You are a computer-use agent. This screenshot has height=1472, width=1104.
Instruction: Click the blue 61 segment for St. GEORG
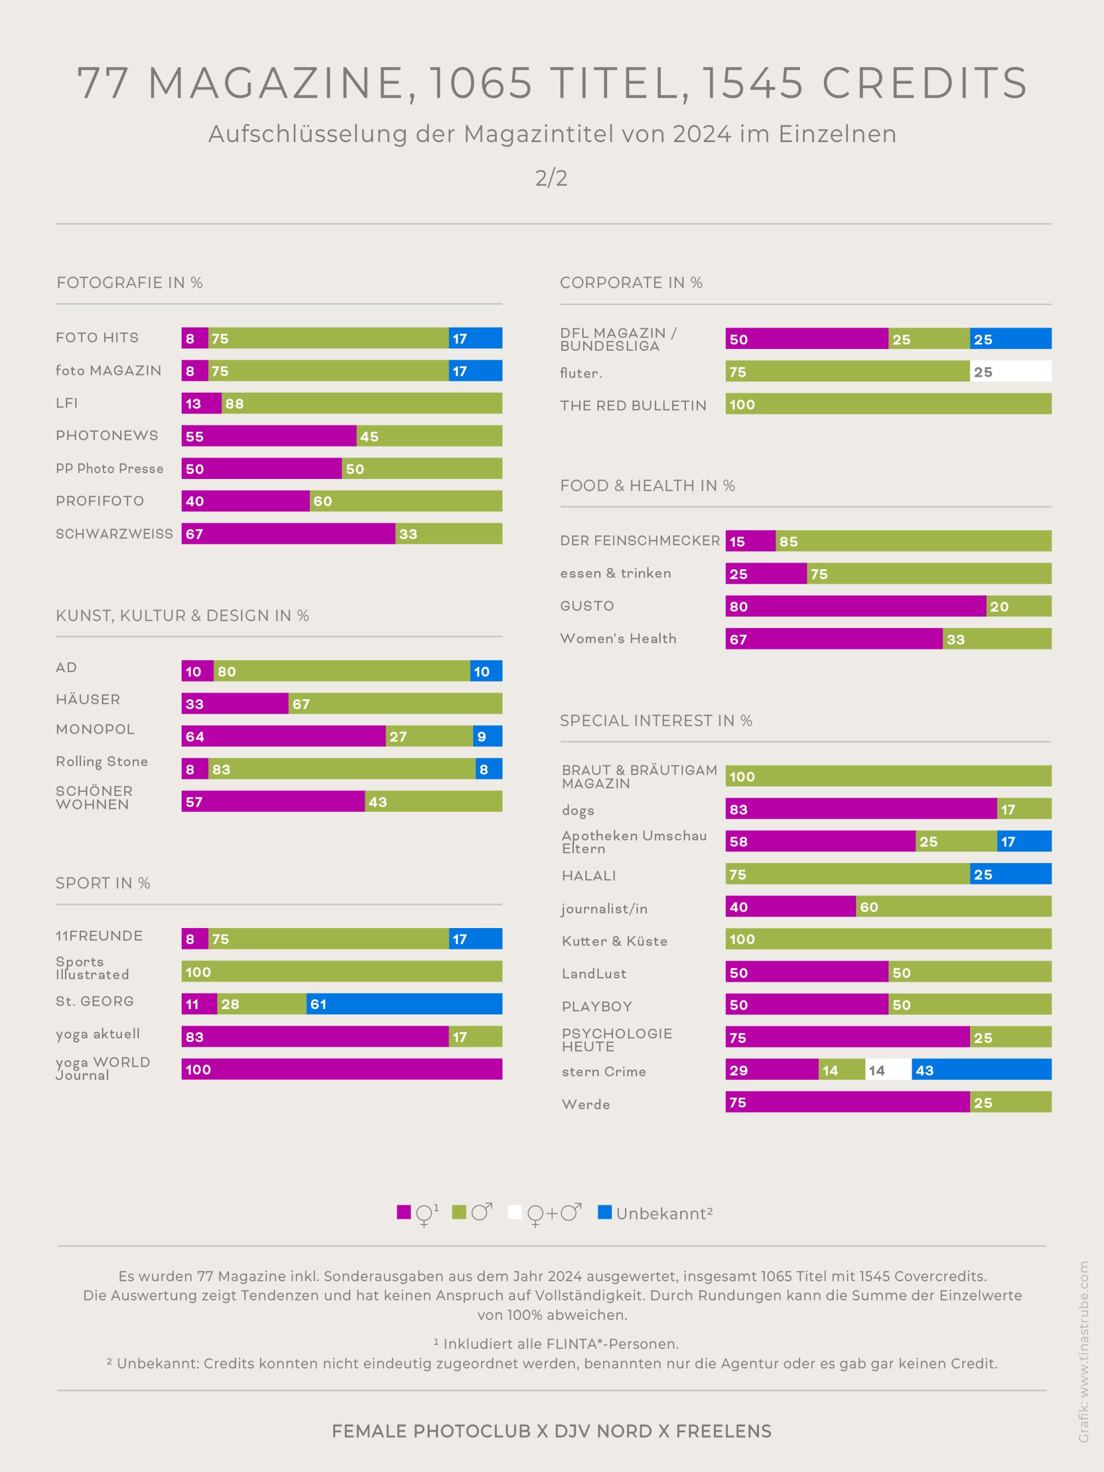point(404,1003)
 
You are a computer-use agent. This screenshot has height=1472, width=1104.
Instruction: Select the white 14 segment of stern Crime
point(888,1069)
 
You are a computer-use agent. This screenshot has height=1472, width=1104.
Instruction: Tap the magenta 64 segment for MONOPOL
point(283,736)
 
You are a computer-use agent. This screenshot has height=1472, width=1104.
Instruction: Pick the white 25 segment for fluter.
point(1010,371)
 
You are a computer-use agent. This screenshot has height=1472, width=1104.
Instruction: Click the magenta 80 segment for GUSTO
point(856,606)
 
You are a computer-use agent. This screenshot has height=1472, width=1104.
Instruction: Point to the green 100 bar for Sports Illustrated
point(342,972)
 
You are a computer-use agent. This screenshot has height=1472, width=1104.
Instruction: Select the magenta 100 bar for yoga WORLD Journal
point(342,1069)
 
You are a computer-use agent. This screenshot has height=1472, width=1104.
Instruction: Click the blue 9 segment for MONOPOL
point(488,736)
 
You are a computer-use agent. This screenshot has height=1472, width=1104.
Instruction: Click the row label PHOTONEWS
point(107,435)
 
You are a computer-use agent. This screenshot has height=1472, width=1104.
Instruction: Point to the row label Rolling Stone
point(102,761)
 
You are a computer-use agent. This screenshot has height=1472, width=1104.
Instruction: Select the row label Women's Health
point(618,639)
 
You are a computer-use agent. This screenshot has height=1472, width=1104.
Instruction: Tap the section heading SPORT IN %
point(103,883)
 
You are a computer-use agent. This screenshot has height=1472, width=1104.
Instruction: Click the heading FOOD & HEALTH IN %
point(647,486)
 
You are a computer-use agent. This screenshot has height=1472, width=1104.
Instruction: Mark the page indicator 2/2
point(551,178)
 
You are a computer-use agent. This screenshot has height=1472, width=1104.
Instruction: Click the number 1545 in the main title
point(753,83)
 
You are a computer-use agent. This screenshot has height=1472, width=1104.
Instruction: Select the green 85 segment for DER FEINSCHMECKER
point(914,541)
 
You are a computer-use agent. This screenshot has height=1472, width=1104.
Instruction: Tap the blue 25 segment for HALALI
point(1010,874)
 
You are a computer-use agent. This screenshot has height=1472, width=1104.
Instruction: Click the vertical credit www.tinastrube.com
point(1084,1351)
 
